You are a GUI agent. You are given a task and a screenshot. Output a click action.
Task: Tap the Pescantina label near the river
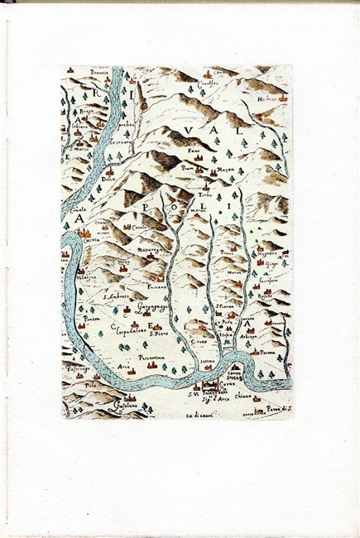(x=151, y=358)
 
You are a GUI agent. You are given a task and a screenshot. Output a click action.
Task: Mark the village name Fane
(x=194, y=152)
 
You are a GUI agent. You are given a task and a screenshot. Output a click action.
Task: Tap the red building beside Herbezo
(x=285, y=98)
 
